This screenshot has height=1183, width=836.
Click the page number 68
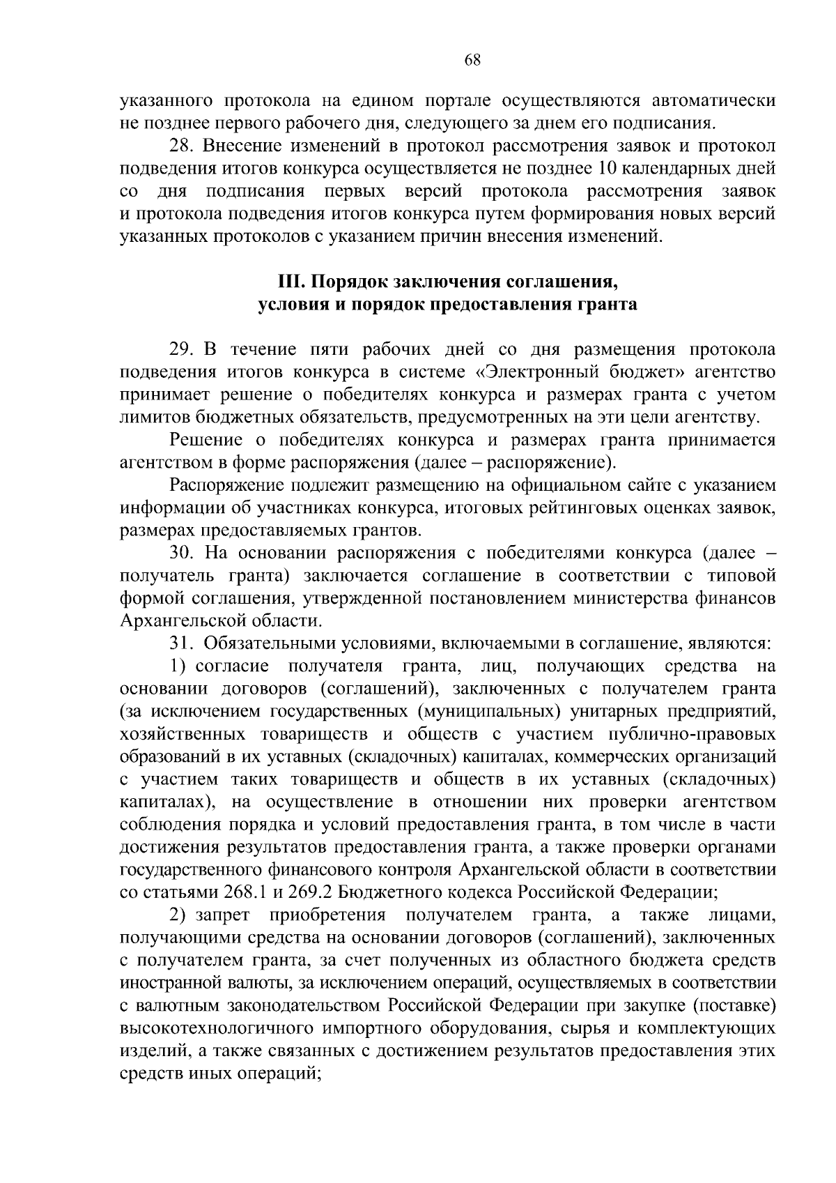click(x=472, y=60)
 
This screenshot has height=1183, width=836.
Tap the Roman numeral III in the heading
click(x=290, y=282)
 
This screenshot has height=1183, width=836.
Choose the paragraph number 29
click(x=181, y=350)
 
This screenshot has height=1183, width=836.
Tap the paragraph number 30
click(x=181, y=553)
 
